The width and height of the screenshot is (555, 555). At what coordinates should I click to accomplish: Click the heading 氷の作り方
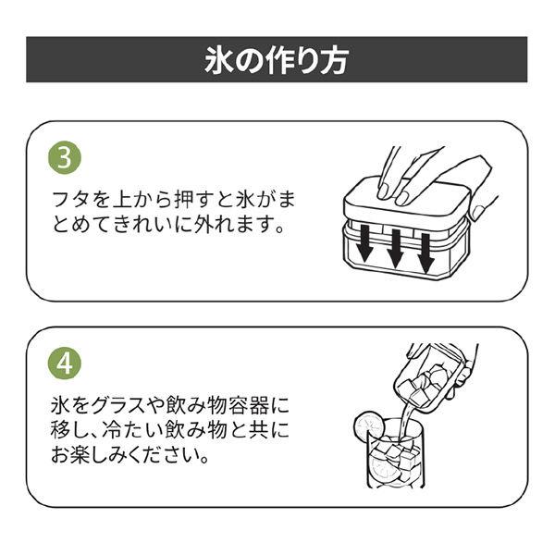click(x=277, y=60)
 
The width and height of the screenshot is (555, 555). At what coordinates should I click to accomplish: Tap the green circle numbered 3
click(x=65, y=157)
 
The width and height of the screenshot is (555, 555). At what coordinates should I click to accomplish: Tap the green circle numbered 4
click(x=65, y=364)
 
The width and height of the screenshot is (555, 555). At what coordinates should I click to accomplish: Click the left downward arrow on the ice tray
click(x=364, y=244)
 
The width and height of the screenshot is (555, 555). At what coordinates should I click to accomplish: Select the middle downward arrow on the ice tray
click(x=395, y=249)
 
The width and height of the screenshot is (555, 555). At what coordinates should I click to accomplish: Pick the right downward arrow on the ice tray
click(x=425, y=253)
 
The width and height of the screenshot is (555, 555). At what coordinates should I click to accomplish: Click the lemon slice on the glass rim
click(x=368, y=426)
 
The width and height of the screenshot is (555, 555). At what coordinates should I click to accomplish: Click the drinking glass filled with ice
click(x=394, y=454)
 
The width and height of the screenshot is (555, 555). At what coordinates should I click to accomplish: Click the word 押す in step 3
click(x=194, y=201)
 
